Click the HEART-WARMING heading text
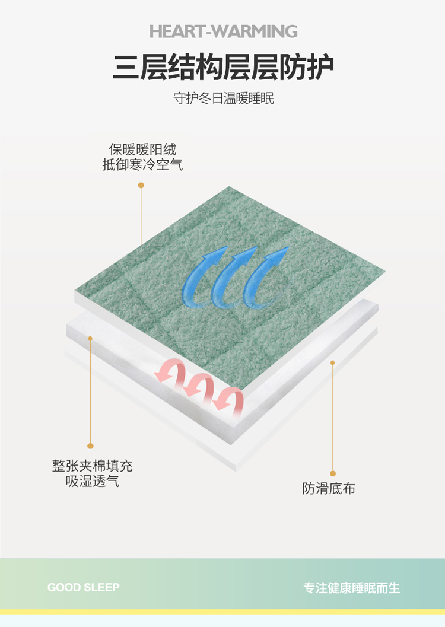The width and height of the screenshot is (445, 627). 223,31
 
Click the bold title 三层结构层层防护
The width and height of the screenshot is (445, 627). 223,68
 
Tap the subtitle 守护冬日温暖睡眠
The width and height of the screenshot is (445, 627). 224,98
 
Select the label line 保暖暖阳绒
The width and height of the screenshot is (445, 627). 142,149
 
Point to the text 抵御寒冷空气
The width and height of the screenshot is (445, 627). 142,164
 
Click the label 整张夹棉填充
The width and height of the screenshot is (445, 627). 93,466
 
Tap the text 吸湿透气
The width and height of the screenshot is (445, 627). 93,481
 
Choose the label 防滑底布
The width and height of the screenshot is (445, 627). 329,488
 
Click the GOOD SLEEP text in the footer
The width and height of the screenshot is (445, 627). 84,587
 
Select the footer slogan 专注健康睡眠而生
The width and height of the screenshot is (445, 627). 352,587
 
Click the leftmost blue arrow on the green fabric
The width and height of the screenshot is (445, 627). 202,276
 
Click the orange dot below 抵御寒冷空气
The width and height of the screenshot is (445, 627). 141,185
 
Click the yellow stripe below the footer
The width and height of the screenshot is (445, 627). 223,612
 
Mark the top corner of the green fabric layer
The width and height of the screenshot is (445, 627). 229,186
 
